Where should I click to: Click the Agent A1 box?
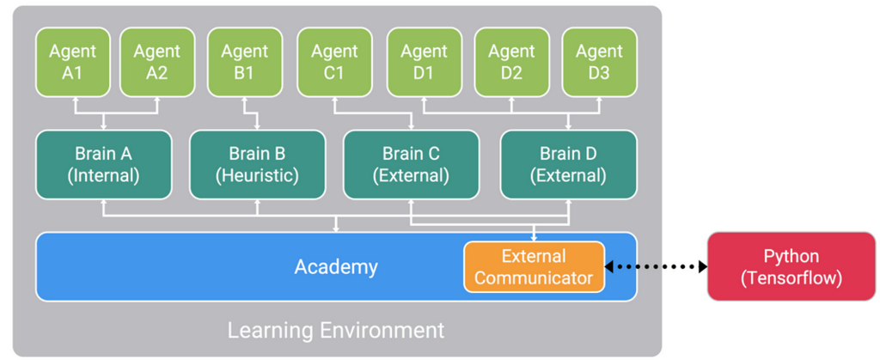click(73, 62)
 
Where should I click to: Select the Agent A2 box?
click(157, 62)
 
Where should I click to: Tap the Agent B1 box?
click(244, 62)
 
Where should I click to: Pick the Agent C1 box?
click(334, 62)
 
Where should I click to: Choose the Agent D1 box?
click(425, 62)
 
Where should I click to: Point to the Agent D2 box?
click(512, 62)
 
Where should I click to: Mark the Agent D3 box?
click(599, 62)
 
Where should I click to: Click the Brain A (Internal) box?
click(103, 164)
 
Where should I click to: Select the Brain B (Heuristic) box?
click(258, 164)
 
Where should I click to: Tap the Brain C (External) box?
click(412, 164)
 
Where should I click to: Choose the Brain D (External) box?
click(569, 164)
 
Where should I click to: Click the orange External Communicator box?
click(534, 267)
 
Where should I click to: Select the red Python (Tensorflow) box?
click(791, 266)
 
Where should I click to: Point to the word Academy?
click(336, 267)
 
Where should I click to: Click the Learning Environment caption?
click(336, 330)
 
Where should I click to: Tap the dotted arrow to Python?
click(656, 267)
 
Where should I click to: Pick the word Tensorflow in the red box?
click(791, 278)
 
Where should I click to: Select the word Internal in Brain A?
click(103, 175)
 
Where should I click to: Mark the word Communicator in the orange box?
click(534, 278)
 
